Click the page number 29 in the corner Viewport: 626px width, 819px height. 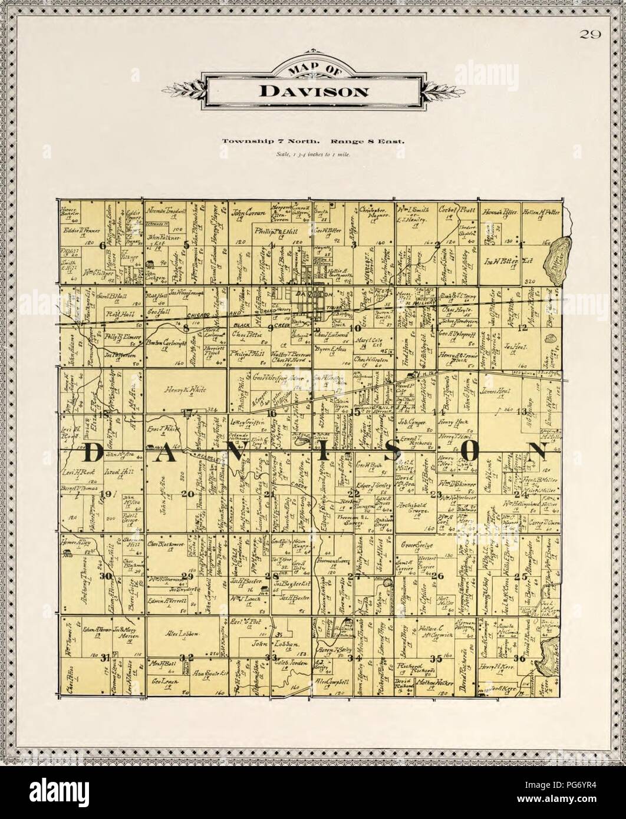pyautogui.click(x=590, y=35)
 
